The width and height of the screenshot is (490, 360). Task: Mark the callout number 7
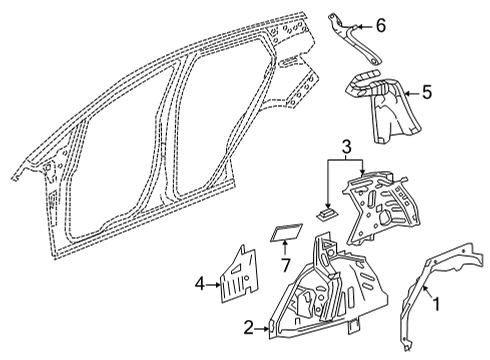(x=285, y=266)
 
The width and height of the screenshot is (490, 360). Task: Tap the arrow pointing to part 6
(x=362, y=26)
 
